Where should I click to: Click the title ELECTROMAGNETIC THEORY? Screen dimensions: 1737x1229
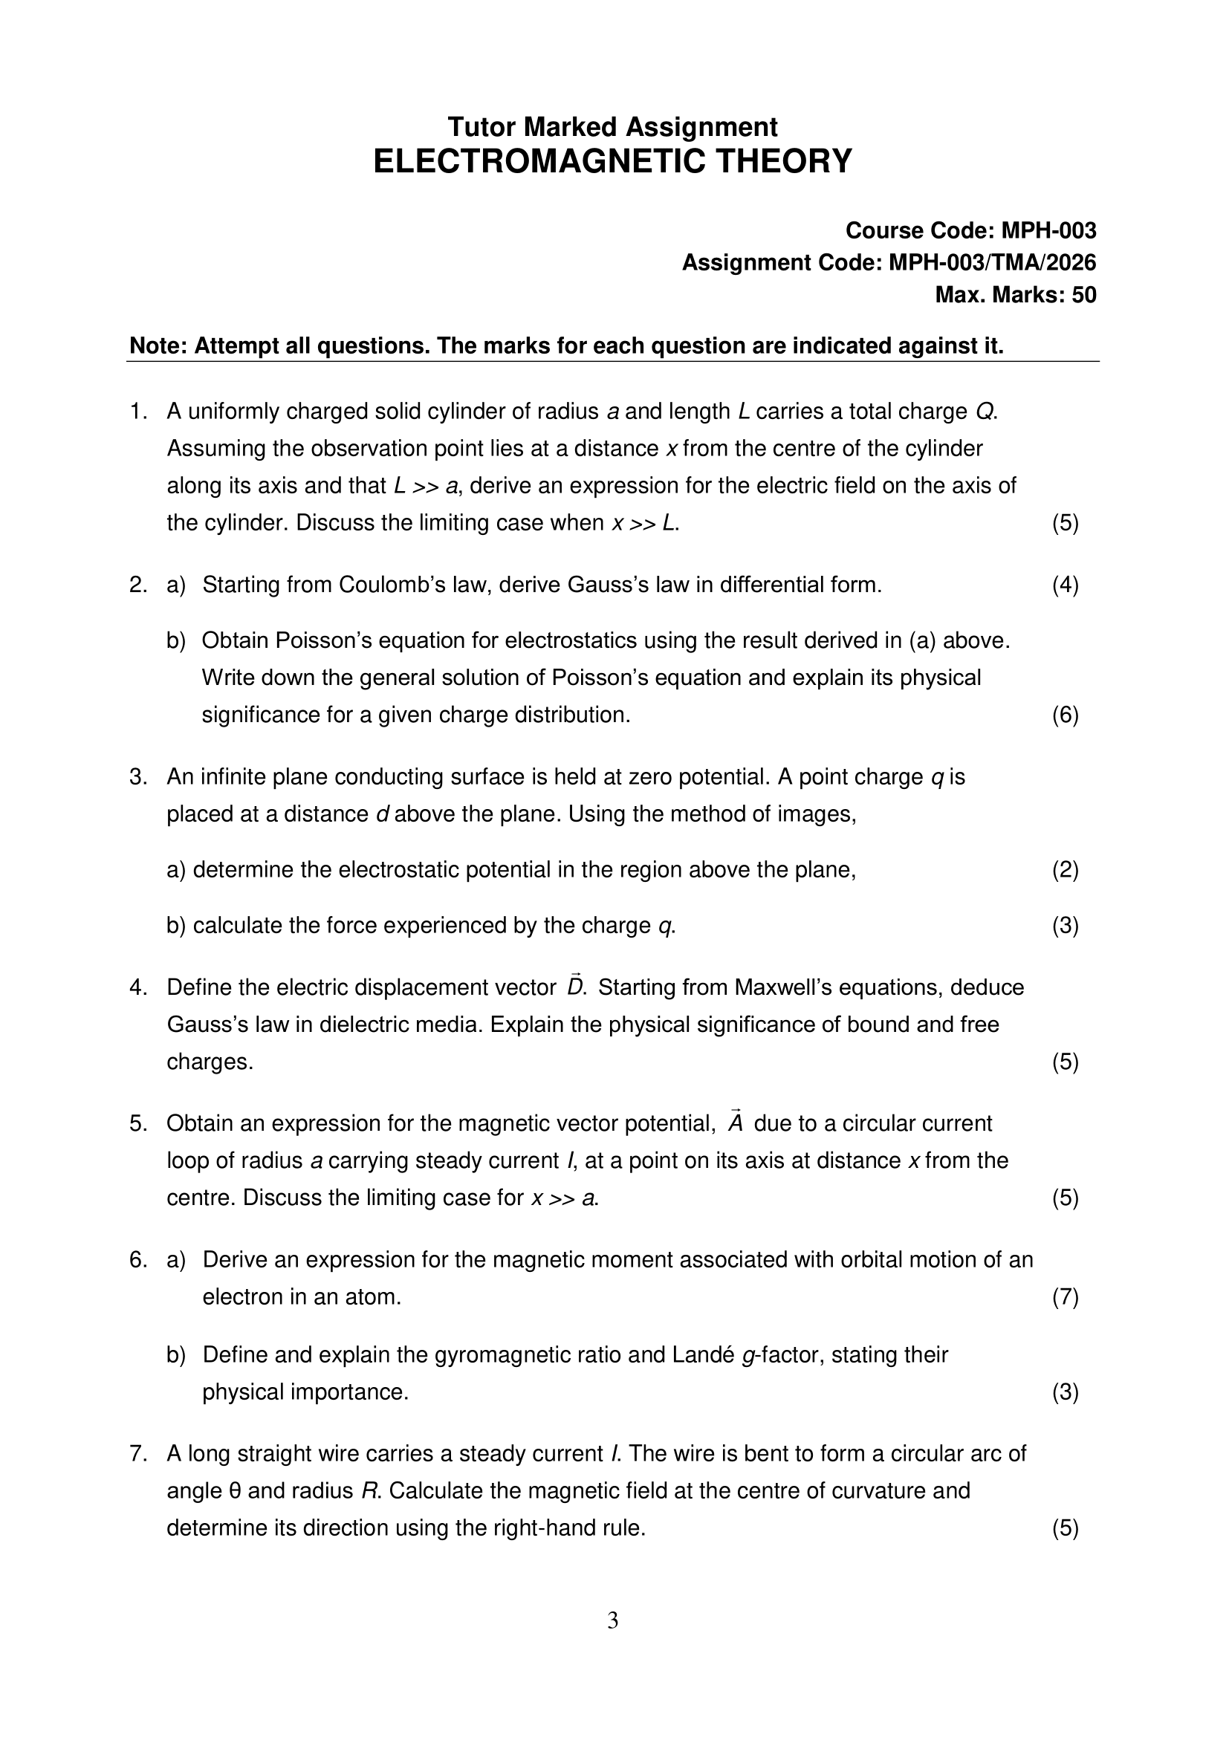pyautogui.click(x=612, y=162)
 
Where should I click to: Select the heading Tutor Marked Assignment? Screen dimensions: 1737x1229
pyautogui.click(x=612, y=126)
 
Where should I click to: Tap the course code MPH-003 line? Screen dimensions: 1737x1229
pyautogui.click(x=970, y=230)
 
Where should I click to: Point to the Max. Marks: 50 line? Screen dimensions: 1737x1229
pyautogui.click(x=1015, y=294)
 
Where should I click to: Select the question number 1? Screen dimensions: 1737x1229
pyautogui.click(x=137, y=412)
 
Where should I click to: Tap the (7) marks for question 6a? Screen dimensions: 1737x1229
pyautogui.click(x=1065, y=1296)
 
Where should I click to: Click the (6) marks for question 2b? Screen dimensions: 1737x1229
pyautogui.click(x=1065, y=715)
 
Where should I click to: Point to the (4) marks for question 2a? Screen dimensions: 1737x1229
pyautogui.click(x=1065, y=585)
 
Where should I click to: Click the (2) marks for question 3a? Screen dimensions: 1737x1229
pyautogui.click(x=1065, y=870)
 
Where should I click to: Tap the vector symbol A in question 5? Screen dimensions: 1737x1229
pyautogui.click(x=735, y=1123)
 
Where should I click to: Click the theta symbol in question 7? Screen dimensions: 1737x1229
pyautogui.click(x=235, y=1491)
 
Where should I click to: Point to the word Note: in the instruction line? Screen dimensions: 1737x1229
pyautogui.click(x=159, y=345)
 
